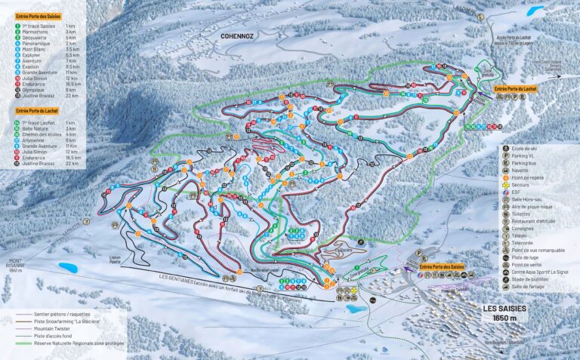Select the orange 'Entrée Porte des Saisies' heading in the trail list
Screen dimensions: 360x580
(x=39, y=15)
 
